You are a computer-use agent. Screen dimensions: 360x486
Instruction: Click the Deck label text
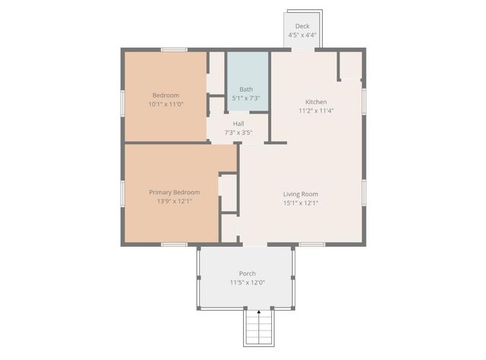(x=302, y=26)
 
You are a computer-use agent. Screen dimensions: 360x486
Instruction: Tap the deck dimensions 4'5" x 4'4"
(x=302, y=35)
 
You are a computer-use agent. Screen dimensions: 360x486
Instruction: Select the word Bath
(x=246, y=89)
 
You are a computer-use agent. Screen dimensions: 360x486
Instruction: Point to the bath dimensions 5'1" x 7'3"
(x=246, y=98)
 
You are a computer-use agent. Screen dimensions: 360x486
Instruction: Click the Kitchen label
(x=317, y=102)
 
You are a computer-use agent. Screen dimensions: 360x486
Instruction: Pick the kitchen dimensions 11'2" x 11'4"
(x=317, y=111)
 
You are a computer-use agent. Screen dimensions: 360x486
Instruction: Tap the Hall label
(x=238, y=124)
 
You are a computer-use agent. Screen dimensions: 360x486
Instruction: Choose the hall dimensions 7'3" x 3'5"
(x=238, y=133)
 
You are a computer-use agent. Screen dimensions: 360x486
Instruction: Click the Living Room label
(x=301, y=193)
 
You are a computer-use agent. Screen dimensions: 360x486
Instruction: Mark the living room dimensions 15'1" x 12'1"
(x=301, y=202)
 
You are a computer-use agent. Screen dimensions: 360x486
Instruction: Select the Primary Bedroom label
(x=175, y=192)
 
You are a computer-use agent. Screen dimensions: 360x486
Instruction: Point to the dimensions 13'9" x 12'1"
(x=175, y=201)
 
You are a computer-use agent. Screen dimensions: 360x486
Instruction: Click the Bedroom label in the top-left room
(x=166, y=95)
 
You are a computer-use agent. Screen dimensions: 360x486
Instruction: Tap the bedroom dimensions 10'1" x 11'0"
(x=166, y=104)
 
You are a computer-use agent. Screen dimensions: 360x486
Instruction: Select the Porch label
(x=248, y=273)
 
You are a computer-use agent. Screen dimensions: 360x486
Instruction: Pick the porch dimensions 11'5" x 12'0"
(x=248, y=283)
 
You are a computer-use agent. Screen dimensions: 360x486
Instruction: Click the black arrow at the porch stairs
(x=258, y=312)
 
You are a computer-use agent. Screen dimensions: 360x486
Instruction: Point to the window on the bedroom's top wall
(x=175, y=50)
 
